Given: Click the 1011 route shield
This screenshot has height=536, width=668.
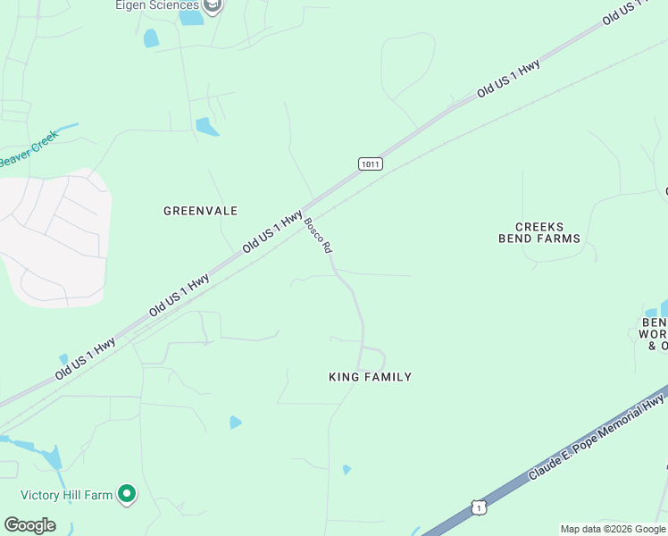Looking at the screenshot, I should pyautogui.click(x=371, y=163).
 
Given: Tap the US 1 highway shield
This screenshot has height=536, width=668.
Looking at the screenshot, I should pyautogui.click(x=480, y=507).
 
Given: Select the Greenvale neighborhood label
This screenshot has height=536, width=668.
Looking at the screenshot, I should pyautogui.click(x=201, y=211).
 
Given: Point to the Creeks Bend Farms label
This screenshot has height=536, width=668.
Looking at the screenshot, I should pyautogui.click(x=539, y=233).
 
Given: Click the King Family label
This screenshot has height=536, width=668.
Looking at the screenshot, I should pyautogui.click(x=371, y=377).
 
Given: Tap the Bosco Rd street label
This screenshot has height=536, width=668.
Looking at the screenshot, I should pyautogui.click(x=318, y=236).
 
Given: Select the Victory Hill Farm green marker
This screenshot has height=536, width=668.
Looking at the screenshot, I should pyautogui.click(x=127, y=492).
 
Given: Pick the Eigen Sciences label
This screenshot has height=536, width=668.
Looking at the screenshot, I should pyautogui.click(x=156, y=5).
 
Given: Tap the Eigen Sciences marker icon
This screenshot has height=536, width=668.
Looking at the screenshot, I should pyautogui.click(x=213, y=6).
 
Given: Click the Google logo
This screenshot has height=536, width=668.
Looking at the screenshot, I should pyautogui.click(x=30, y=524).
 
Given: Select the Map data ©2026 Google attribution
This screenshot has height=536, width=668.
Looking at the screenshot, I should pyautogui.click(x=613, y=529).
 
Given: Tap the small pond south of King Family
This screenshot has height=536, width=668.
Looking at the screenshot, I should pyautogui.click(x=347, y=469).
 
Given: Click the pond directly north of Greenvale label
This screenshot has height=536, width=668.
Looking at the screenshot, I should pyautogui.click(x=206, y=127).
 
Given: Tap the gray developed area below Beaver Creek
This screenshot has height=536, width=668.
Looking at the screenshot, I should pyautogui.click(x=54, y=237).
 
